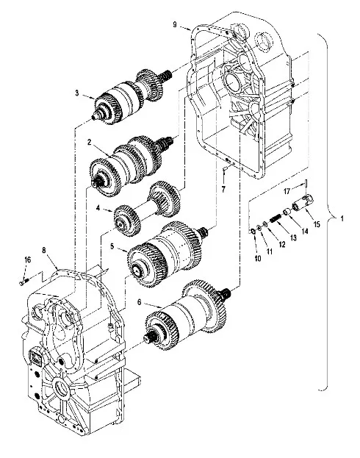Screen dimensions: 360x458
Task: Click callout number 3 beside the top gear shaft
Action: coord(77,93)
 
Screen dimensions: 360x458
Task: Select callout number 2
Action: coord(90,142)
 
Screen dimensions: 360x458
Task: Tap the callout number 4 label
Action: coord(98,208)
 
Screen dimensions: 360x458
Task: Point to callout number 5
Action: coord(112,246)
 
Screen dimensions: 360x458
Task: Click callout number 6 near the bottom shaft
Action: coord(140,302)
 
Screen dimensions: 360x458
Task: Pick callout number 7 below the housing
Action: coord(223,190)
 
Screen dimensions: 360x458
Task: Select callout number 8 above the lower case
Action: coord(44,251)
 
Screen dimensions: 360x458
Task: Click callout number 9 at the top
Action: coord(175,24)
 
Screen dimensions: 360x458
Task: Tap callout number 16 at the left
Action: coord(27,260)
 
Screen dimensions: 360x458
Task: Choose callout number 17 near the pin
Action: coord(287,191)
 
